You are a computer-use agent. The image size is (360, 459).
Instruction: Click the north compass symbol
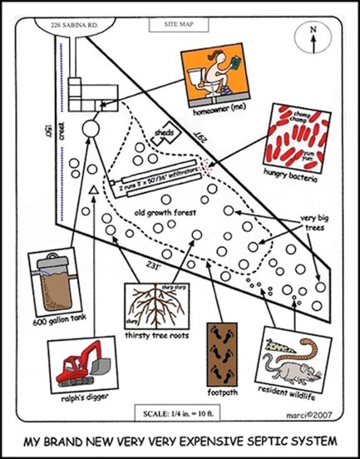pos(313,37)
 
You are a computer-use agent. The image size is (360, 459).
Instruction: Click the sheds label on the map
pos(164,131)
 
